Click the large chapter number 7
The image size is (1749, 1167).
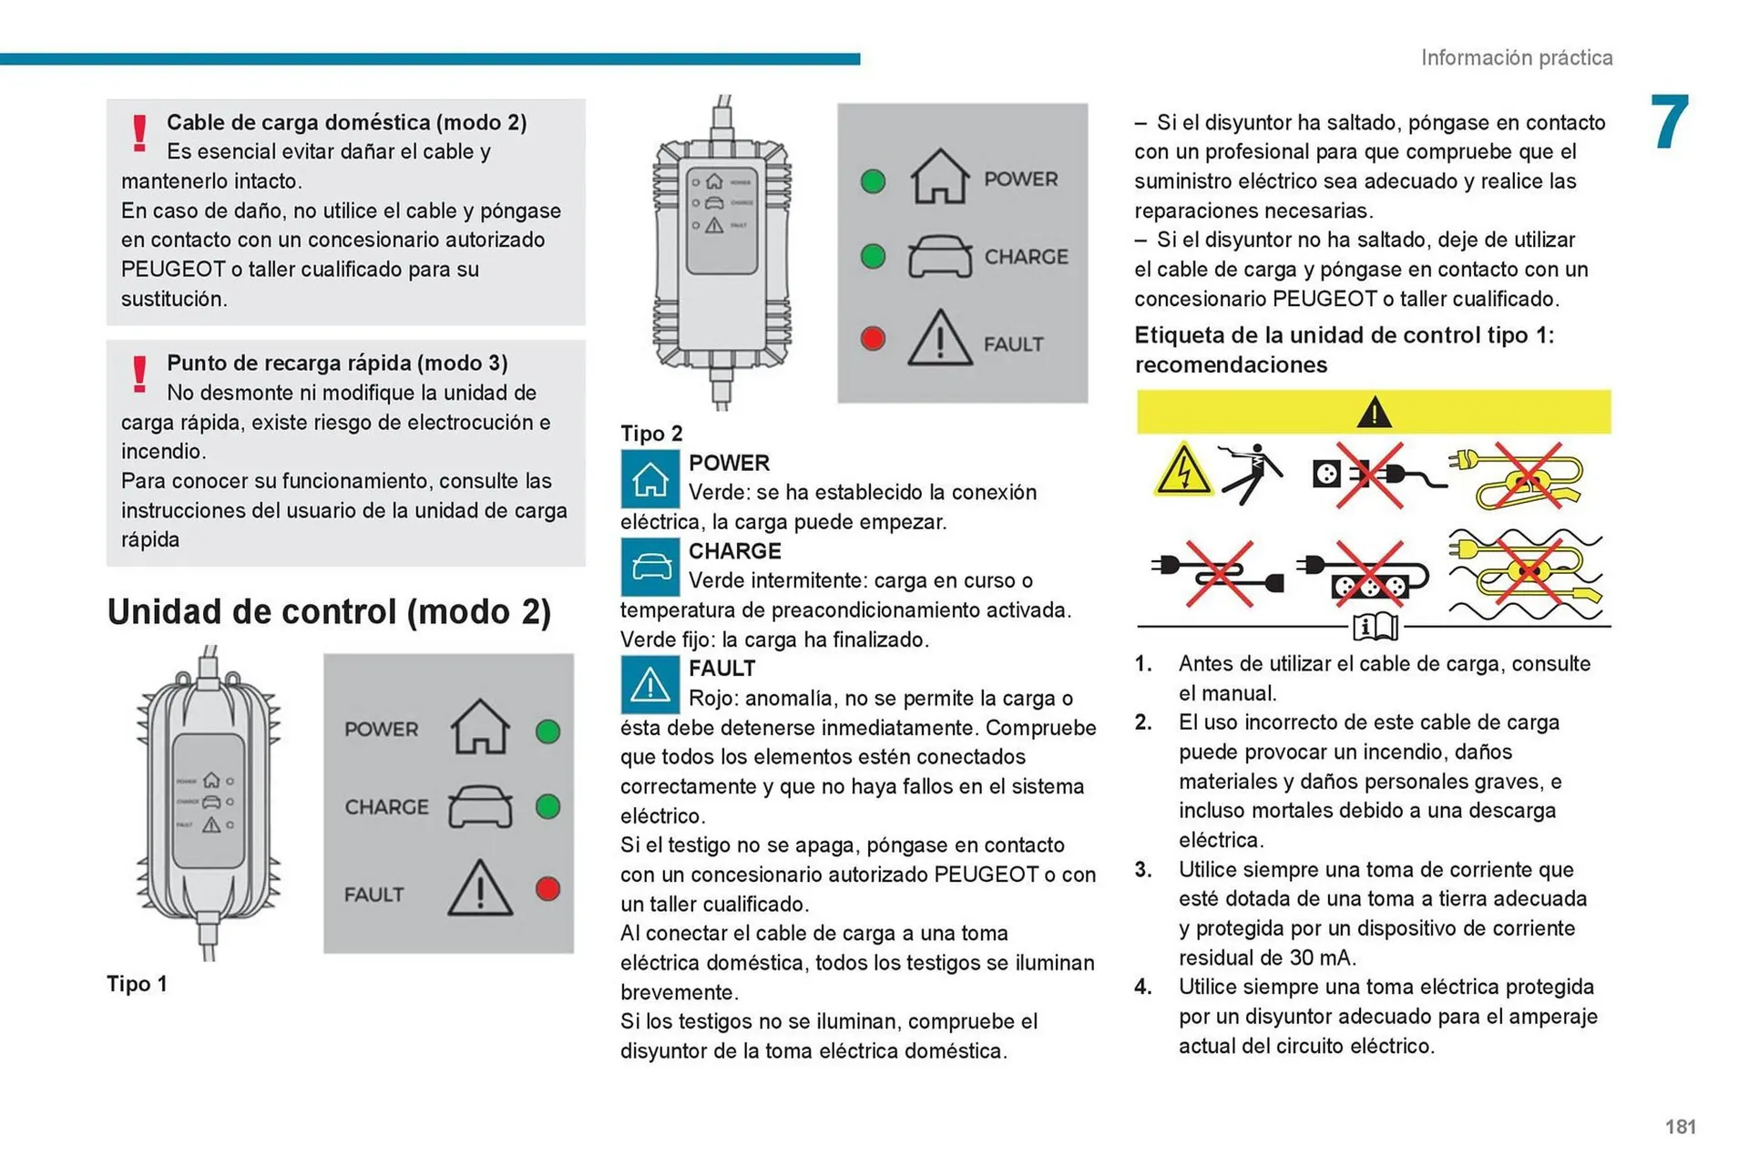[1670, 123]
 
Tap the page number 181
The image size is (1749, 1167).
[1680, 1127]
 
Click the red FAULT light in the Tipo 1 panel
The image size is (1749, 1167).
[547, 889]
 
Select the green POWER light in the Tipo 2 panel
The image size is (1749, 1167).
[873, 181]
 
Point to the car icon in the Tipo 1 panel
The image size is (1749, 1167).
[480, 806]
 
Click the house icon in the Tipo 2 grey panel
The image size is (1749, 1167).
[939, 177]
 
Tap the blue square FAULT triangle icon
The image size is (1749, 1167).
[649, 684]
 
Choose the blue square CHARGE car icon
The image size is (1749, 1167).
[649, 567]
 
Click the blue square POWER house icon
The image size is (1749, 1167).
[649, 478]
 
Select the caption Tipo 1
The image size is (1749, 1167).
[137, 984]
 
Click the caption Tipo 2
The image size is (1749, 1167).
[651, 434]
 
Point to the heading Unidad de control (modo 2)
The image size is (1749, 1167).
[329, 611]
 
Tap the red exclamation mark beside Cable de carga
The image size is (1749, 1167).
[139, 133]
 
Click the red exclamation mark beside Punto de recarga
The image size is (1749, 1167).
[139, 374]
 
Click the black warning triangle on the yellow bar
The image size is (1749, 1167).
[1373, 413]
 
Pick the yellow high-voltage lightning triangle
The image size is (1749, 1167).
[1182, 470]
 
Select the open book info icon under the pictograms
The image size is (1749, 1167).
[1375, 627]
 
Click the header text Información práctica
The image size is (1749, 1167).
[1516, 57]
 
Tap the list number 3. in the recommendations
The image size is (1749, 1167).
[1143, 870]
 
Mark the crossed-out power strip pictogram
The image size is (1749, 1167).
[1366, 576]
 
